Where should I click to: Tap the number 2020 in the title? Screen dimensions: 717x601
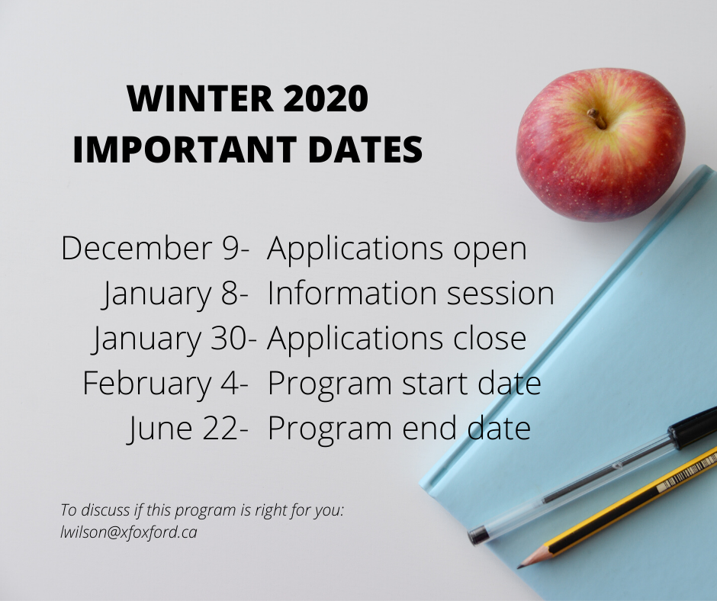tap(326, 98)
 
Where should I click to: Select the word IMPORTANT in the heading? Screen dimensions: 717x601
tap(185, 149)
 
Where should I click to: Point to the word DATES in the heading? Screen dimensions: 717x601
tap(365, 149)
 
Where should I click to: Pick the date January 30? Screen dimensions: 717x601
tap(169, 339)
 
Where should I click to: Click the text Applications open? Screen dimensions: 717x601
tap(397, 249)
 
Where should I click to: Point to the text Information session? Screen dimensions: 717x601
tap(410, 293)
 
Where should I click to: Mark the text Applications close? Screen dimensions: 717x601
tap(397, 339)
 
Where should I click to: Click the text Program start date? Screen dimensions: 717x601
tap(404, 384)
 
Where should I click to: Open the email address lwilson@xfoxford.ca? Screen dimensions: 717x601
tap(128, 532)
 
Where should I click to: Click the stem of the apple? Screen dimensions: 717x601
tap(596, 118)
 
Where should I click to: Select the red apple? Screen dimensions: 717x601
tap(600, 145)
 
